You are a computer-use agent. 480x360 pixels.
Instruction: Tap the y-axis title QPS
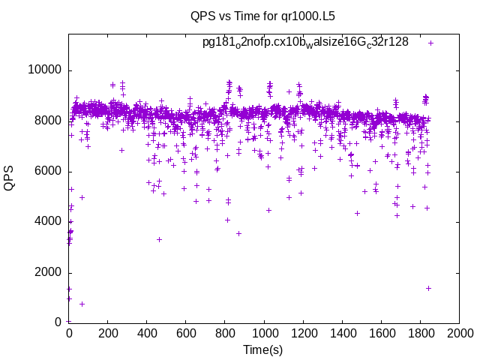10,178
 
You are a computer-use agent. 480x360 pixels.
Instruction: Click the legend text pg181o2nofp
305,42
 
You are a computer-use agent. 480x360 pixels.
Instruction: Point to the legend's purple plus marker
431,43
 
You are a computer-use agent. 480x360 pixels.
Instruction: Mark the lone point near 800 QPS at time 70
82,304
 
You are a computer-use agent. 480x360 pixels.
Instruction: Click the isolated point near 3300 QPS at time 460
159,239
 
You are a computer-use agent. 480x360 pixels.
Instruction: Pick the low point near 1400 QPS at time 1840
428,288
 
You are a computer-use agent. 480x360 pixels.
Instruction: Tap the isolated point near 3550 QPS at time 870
238,233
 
